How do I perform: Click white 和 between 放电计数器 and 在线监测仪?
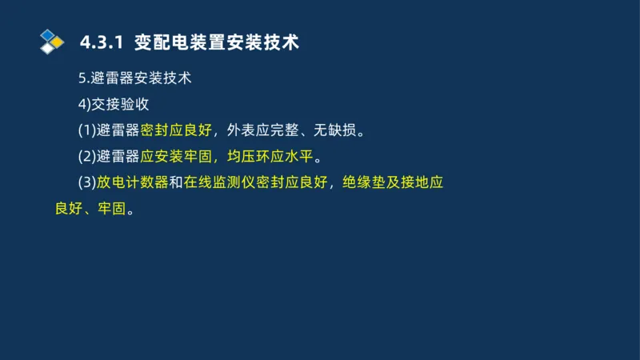pyautogui.click(x=175, y=182)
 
